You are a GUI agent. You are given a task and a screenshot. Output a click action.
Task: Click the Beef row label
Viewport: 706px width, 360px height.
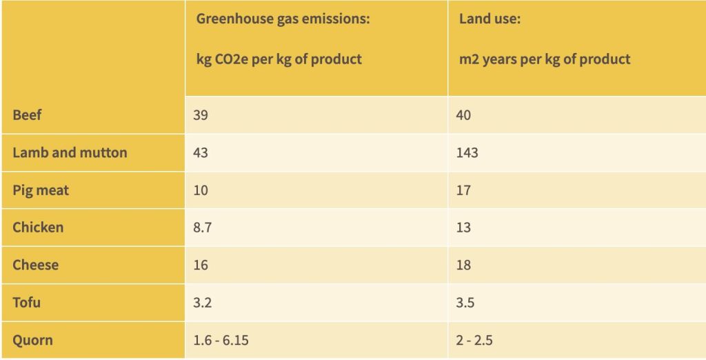(27, 115)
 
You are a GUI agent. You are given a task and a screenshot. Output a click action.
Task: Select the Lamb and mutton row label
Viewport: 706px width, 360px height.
(70, 152)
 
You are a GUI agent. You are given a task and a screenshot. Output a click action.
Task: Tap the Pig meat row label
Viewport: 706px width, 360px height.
(41, 190)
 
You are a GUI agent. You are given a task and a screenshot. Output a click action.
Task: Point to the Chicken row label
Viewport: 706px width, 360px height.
(38, 227)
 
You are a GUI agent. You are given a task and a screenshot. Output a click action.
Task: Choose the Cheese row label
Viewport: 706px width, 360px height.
(35, 265)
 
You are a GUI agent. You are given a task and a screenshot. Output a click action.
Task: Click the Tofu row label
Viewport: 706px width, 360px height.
(27, 302)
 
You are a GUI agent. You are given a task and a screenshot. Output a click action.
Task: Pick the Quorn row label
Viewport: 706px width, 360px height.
(32, 340)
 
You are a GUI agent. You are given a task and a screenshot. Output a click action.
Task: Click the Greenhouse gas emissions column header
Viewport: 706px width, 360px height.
(283, 19)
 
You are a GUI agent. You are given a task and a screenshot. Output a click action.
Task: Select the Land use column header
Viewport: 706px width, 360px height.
(490, 19)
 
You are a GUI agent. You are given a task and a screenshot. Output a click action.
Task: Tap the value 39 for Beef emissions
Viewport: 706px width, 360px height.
(201, 115)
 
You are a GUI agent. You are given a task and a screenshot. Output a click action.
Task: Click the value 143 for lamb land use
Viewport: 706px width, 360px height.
(467, 152)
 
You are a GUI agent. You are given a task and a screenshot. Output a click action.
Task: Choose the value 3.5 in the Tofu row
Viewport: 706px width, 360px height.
(465, 302)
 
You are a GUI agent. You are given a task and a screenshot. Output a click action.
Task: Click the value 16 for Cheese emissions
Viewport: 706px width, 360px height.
(201, 265)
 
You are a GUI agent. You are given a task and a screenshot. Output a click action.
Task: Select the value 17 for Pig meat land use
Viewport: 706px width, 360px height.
(463, 190)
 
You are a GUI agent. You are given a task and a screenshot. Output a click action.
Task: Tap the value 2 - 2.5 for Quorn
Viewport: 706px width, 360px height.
(474, 340)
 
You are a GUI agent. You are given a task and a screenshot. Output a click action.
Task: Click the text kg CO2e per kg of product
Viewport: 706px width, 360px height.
(279, 59)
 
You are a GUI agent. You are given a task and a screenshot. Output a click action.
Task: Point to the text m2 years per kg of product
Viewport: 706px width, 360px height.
(545, 59)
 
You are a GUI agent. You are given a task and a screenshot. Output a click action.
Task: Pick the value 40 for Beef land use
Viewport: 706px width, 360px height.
(463, 115)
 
